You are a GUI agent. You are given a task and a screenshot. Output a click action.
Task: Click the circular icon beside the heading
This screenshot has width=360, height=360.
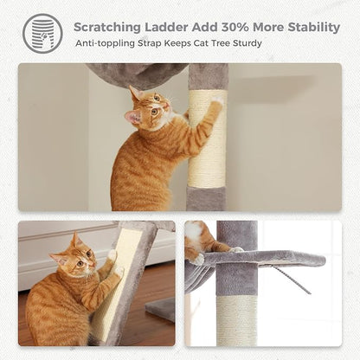tap(42, 33)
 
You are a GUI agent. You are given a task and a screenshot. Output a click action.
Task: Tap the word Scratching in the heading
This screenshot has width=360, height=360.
tap(109, 25)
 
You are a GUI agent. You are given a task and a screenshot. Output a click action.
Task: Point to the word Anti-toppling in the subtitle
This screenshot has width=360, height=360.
tap(105, 43)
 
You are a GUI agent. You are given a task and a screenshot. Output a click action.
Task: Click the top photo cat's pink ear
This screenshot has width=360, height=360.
tap(133, 116)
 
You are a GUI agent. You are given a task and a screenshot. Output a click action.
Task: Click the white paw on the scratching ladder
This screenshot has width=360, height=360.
tap(112, 256)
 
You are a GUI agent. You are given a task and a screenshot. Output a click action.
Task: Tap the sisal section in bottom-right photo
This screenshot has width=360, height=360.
tap(236, 320)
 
